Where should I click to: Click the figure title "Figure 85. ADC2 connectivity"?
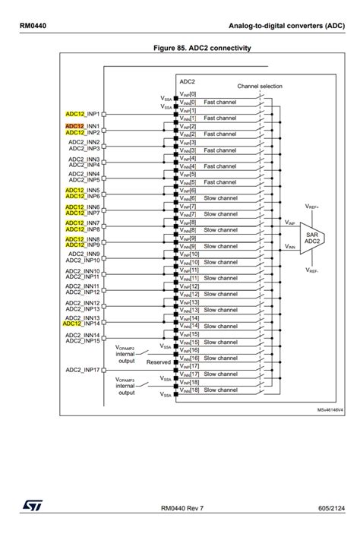(x=202, y=48)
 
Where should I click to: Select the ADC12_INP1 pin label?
(x=84, y=114)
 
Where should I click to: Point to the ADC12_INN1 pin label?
(x=84, y=126)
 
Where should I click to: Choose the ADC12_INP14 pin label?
(x=82, y=324)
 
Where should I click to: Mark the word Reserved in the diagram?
(x=159, y=362)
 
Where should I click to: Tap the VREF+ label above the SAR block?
(x=312, y=206)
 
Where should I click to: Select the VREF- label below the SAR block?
(x=312, y=270)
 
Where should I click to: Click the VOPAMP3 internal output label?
(x=126, y=386)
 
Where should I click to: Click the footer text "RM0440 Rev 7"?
(x=182, y=507)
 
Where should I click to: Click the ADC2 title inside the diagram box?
(x=188, y=80)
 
